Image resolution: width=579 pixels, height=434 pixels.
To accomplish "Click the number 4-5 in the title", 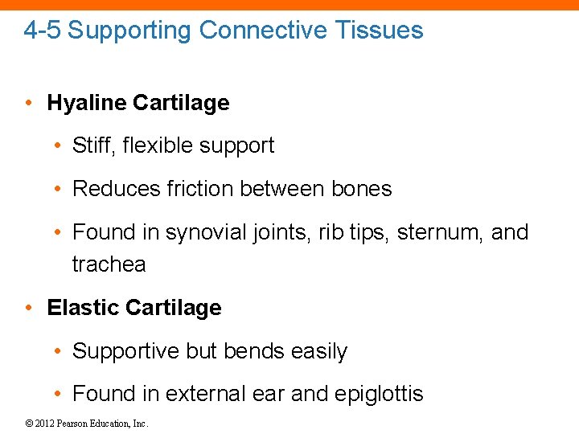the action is (43, 31).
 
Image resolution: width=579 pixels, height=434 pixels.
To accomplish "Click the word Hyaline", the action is (86, 103).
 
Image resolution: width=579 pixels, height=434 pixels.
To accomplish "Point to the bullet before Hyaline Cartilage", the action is (29, 103).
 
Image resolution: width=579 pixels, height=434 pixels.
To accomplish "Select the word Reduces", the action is (110, 189).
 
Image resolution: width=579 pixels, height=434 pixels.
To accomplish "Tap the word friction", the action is (187, 189).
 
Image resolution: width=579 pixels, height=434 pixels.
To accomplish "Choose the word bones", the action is (361, 189).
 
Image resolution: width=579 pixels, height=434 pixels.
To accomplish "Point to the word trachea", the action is (109, 264).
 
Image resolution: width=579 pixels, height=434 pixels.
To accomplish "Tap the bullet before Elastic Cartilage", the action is (29, 308).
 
